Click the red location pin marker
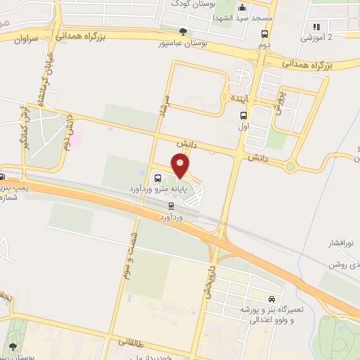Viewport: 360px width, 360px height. pos(181,166)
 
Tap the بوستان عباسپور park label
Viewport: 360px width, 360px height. pos(184,44)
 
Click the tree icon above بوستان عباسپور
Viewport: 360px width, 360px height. pos(184,32)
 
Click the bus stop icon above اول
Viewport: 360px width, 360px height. pos(243,117)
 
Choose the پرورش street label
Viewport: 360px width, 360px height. pos(279,101)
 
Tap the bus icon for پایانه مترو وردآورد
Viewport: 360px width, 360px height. pos(157,176)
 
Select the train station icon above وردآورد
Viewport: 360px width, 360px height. pos(171,205)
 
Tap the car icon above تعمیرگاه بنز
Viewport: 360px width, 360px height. pos(272,298)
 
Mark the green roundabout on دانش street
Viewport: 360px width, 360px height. pos(289,167)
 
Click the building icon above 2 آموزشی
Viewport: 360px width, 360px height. pos(314,27)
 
